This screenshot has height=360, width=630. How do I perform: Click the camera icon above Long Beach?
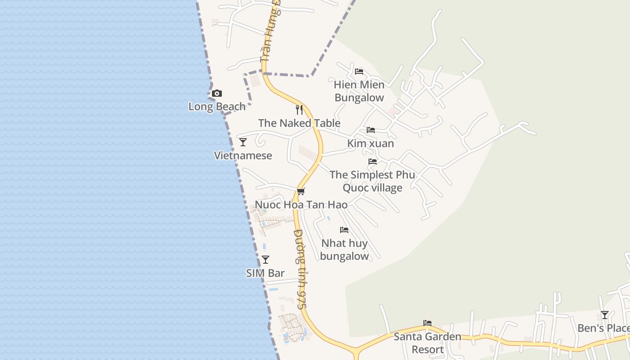217,94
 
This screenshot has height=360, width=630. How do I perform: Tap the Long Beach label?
217,107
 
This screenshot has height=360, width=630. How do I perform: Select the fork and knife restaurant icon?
299,109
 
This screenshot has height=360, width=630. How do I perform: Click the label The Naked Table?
299,123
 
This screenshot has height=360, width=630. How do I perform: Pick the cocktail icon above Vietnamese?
243,142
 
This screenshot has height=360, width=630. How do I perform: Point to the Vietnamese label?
243,156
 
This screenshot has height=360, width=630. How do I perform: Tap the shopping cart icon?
301,191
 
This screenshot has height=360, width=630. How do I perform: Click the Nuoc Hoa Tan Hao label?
301,205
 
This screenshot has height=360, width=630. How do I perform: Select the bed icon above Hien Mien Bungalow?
359,71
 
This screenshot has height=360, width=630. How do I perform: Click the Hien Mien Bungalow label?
359,91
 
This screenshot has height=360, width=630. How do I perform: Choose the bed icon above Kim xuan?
371,130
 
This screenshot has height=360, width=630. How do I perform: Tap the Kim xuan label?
371,144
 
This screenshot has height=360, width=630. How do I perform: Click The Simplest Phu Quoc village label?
373,181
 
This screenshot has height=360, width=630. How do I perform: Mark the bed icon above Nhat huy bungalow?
344,230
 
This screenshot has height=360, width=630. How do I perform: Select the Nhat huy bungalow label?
344,250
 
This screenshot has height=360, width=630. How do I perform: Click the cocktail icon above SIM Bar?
265,260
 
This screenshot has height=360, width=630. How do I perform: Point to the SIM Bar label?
265,273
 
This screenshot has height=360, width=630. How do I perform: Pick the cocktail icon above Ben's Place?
605,315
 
